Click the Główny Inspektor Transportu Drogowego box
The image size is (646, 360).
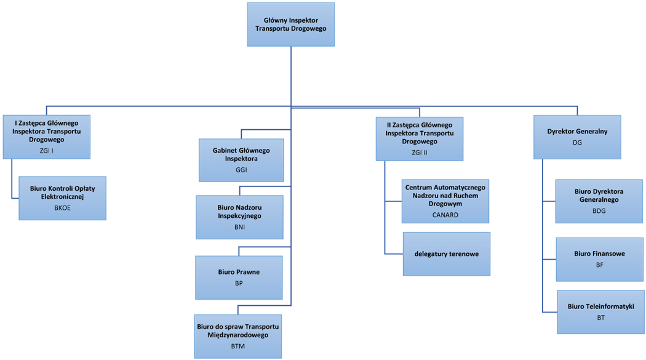[x=291, y=25]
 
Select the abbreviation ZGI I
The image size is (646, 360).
[x=47, y=151]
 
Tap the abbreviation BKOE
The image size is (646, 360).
[x=63, y=208]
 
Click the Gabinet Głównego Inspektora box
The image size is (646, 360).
[x=241, y=160]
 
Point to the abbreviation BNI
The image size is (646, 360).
[x=239, y=227]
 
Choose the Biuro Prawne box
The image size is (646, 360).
[x=239, y=278]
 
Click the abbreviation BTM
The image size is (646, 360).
[x=237, y=346]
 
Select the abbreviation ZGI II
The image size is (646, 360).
[x=420, y=153]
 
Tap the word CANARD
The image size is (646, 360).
[x=445, y=215]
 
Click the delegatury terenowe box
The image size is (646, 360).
[x=447, y=254]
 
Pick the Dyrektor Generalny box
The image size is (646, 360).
[x=577, y=137]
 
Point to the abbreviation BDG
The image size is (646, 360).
[x=599, y=211]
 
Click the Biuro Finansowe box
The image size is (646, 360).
[x=600, y=260]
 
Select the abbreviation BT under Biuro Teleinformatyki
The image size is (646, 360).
[x=601, y=318]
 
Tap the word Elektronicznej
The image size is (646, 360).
[x=62, y=197]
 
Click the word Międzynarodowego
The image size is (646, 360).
[x=238, y=335]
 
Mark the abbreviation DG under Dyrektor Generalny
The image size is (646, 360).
[x=577, y=143]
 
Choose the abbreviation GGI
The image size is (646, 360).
[x=241, y=170]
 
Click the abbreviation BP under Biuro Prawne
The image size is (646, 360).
[x=239, y=284]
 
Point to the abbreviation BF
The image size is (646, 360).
[x=600, y=265]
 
